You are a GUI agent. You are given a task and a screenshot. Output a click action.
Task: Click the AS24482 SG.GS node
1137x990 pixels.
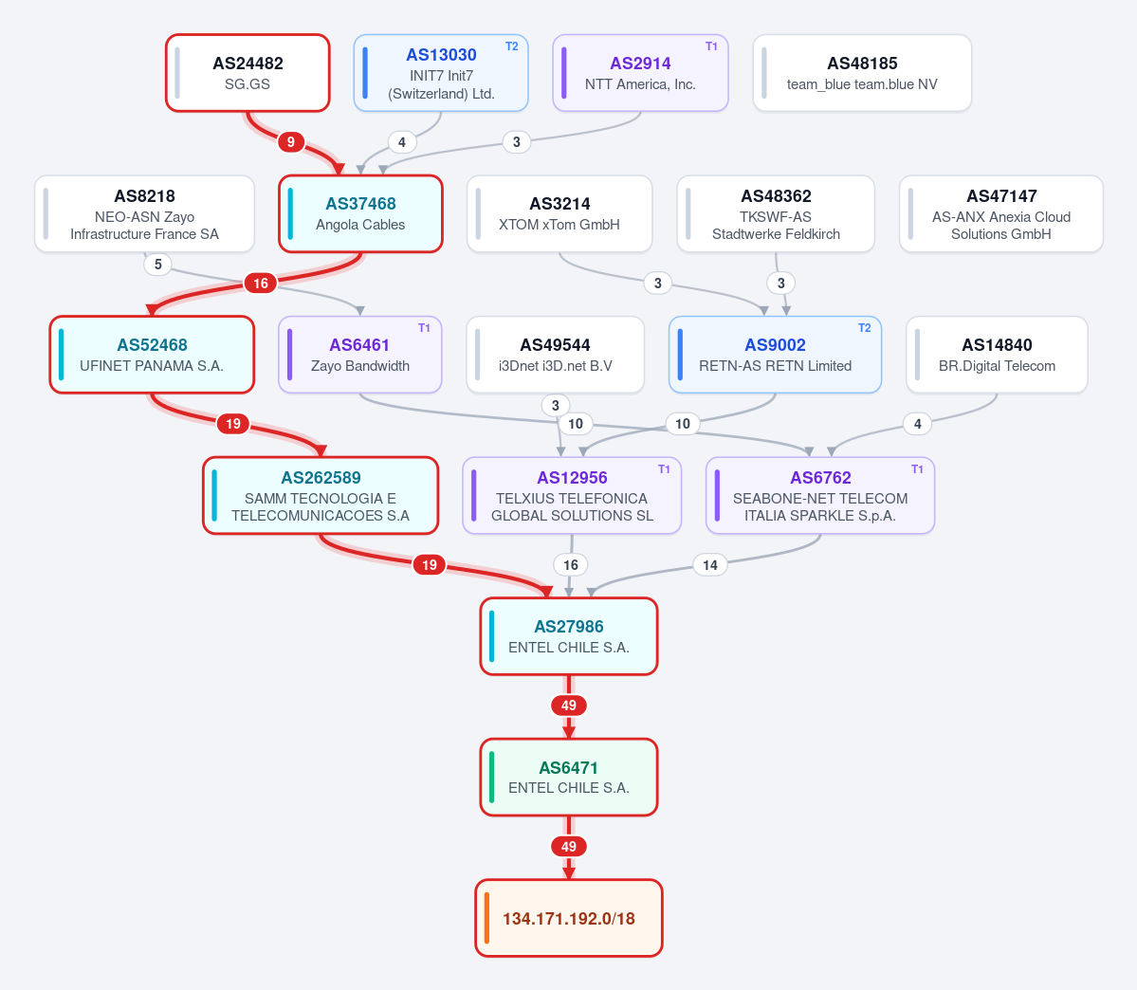[248, 73]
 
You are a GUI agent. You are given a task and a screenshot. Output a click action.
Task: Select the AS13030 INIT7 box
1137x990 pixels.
[441, 73]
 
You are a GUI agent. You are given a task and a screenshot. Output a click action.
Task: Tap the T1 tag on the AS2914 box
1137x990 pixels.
[711, 46]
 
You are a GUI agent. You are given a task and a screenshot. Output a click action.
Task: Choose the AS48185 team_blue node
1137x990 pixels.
[862, 73]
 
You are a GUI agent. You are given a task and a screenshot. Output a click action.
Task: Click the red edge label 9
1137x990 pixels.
[291, 141]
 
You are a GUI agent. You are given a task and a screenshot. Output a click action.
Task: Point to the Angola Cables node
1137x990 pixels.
[360, 214]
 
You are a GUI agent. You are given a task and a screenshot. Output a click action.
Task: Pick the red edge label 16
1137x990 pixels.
[261, 283]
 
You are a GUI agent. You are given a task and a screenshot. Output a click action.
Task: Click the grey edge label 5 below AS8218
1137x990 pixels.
[158, 264]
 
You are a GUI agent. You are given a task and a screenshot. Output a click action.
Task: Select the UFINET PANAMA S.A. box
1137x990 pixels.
[152, 355]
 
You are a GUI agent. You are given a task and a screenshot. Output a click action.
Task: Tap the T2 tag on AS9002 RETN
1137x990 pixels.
[864, 328]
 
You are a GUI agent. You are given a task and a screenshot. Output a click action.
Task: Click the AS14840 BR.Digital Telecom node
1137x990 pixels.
[997, 355]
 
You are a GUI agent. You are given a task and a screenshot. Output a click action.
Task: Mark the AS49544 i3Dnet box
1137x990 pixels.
[556, 355]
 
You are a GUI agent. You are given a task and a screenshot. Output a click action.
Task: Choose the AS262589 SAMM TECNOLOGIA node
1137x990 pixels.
[321, 495]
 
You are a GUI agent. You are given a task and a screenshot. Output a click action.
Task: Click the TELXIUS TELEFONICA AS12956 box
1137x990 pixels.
[572, 495]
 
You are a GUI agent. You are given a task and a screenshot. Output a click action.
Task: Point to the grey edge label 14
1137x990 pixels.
[710, 565]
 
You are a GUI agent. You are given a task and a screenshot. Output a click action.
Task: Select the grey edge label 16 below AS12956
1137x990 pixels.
[571, 565]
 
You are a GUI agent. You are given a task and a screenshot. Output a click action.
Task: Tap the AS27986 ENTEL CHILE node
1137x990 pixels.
[569, 636]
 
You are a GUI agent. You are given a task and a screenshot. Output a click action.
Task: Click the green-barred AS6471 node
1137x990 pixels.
[569, 777]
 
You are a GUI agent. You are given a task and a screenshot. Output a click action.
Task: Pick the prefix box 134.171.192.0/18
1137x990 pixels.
[569, 918]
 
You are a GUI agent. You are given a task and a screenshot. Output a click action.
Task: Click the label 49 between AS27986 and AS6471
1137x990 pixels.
[569, 705]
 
